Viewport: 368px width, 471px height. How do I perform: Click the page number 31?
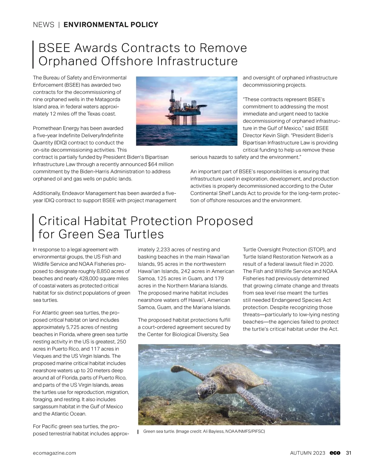click(x=349, y=453)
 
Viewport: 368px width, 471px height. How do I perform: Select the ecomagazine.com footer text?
click(x=54, y=453)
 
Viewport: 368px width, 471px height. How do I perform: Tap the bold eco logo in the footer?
click(x=335, y=453)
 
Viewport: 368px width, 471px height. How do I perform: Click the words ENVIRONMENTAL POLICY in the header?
click(x=111, y=25)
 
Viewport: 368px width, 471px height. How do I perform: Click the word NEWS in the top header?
click(x=44, y=25)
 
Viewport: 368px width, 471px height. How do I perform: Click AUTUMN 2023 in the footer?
click(x=308, y=453)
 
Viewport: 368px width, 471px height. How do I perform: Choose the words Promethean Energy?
click(x=57, y=128)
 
